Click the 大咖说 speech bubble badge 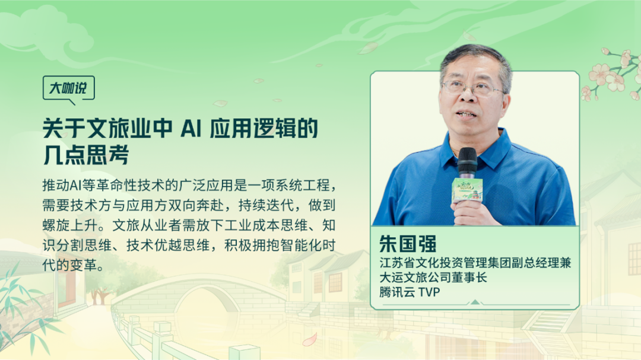coord(68,88)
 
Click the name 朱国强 coord(407,244)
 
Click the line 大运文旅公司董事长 coord(433,277)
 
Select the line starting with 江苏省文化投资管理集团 coord(475,263)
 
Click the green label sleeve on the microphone coord(467,189)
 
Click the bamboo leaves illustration coord(24,308)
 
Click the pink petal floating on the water coord(309,340)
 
